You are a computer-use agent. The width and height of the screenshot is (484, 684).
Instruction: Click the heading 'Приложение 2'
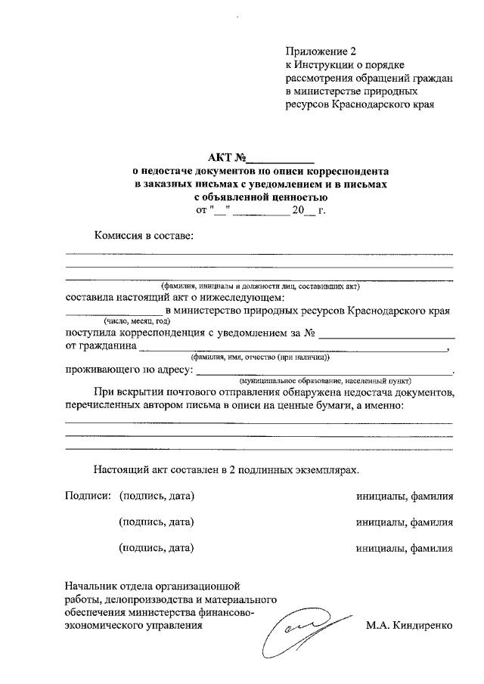(x=320, y=52)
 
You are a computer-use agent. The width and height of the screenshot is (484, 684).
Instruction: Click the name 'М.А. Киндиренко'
(x=409, y=626)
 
